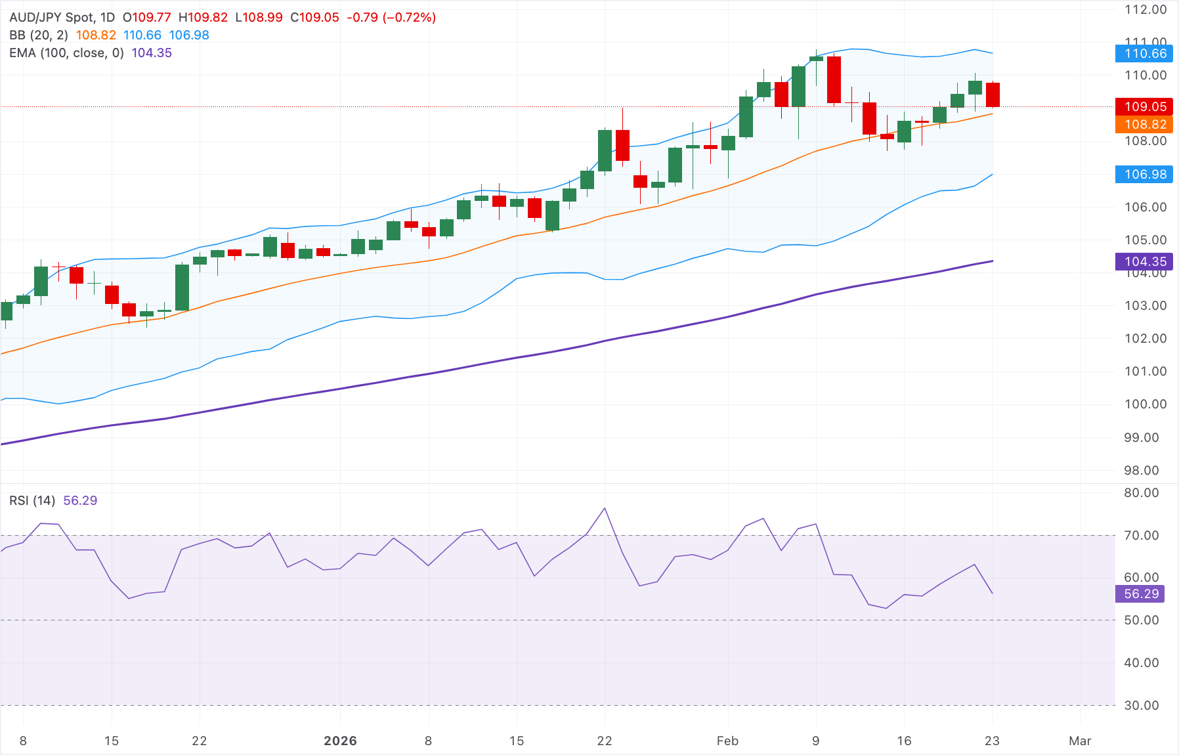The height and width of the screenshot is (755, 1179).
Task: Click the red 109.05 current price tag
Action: [1144, 106]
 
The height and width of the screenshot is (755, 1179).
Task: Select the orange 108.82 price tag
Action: [1144, 124]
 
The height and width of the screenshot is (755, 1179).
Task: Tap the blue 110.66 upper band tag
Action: [1144, 54]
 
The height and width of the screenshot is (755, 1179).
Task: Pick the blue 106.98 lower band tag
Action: [1144, 174]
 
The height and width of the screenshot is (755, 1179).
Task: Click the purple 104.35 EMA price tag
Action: [1144, 261]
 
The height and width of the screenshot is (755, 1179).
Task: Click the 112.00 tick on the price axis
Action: [1146, 10]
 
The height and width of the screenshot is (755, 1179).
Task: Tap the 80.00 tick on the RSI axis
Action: [1142, 492]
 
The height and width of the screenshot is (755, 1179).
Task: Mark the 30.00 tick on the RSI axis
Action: [1142, 705]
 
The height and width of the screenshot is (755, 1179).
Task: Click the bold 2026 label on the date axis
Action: [340, 741]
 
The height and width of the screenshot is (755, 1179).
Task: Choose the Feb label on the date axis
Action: [727, 741]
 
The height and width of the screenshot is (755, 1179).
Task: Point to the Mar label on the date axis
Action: [1080, 741]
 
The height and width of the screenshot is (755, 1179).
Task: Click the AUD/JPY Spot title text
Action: [53, 18]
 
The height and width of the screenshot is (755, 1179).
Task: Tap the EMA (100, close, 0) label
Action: [66, 53]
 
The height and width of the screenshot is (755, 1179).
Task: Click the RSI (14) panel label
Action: [32, 501]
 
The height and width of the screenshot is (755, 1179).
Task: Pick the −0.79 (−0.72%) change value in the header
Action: [391, 18]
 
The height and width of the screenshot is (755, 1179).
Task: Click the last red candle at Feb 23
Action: [993, 95]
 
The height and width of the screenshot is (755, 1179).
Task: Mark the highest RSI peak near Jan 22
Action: [605, 508]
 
